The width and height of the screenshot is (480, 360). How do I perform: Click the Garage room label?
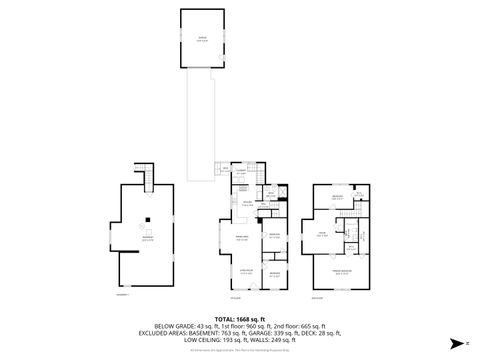(205, 38)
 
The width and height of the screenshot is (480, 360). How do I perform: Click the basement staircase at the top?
(148, 179)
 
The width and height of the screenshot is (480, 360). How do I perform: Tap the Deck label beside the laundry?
(226, 168)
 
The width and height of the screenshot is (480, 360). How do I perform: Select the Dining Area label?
(241, 238)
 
